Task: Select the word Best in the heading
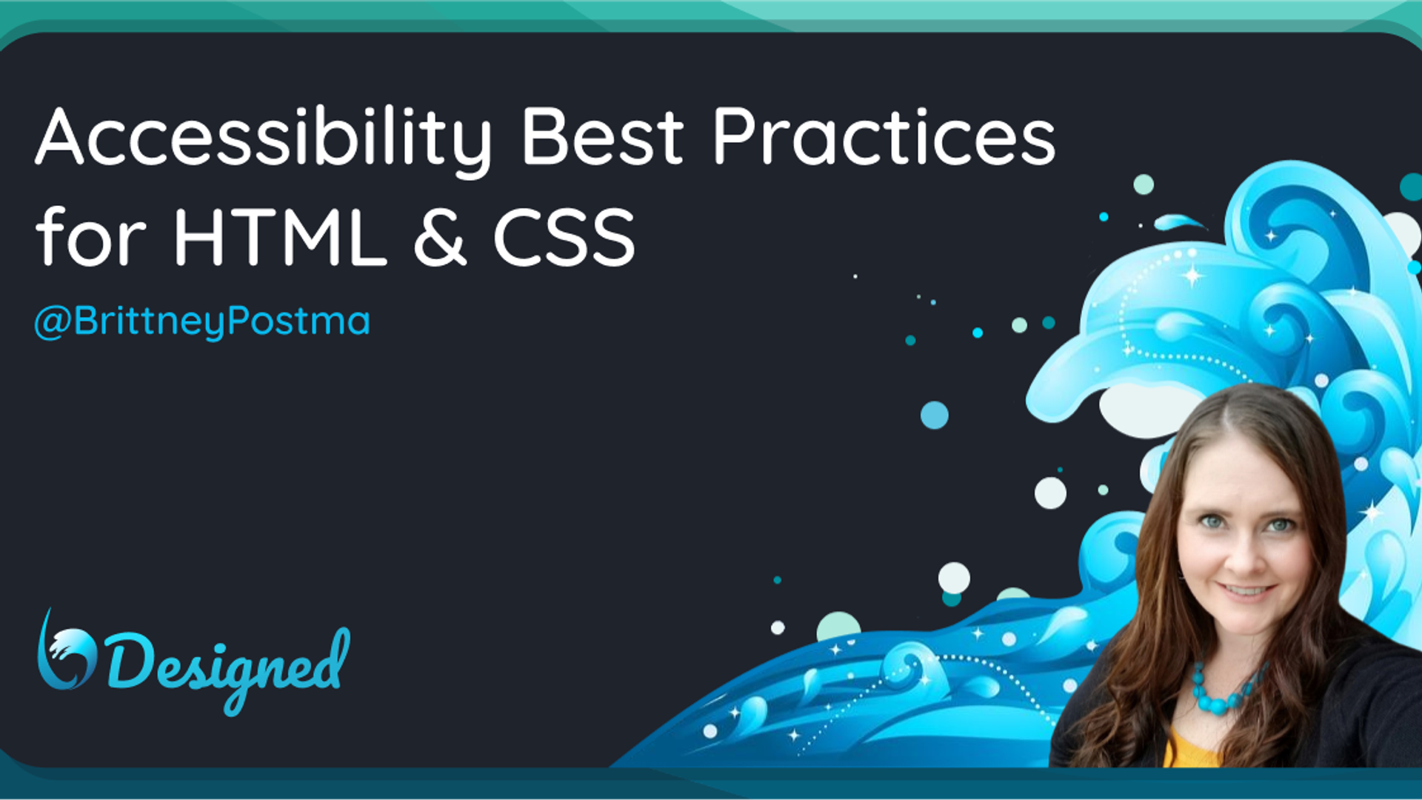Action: point(603,136)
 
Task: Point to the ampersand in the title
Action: point(440,237)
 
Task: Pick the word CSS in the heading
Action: point(564,237)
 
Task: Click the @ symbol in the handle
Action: point(52,323)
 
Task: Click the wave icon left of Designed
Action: point(66,652)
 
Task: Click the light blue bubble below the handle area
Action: point(935,415)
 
